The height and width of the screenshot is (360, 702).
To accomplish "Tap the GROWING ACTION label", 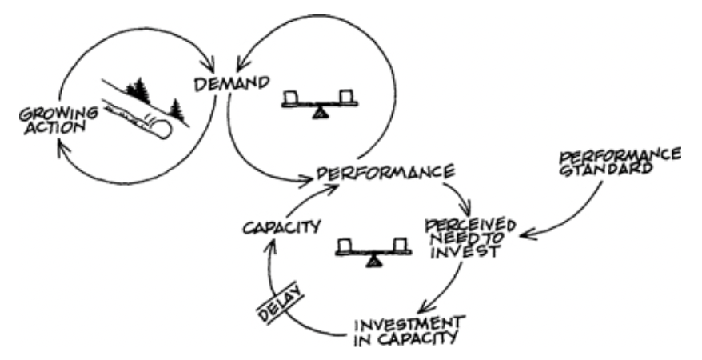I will pyautogui.click(x=58, y=120).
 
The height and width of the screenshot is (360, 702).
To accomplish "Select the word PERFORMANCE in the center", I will pyautogui.click(x=385, y=172).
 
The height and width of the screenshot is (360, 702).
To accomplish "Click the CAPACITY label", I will pyautogui.click(x=281, y=226).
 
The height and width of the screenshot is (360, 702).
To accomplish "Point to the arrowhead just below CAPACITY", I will pyautogui.click(x=269, y=241).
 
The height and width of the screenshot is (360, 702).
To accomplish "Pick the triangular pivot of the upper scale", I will pyautogui.click(x=320, y=114).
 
